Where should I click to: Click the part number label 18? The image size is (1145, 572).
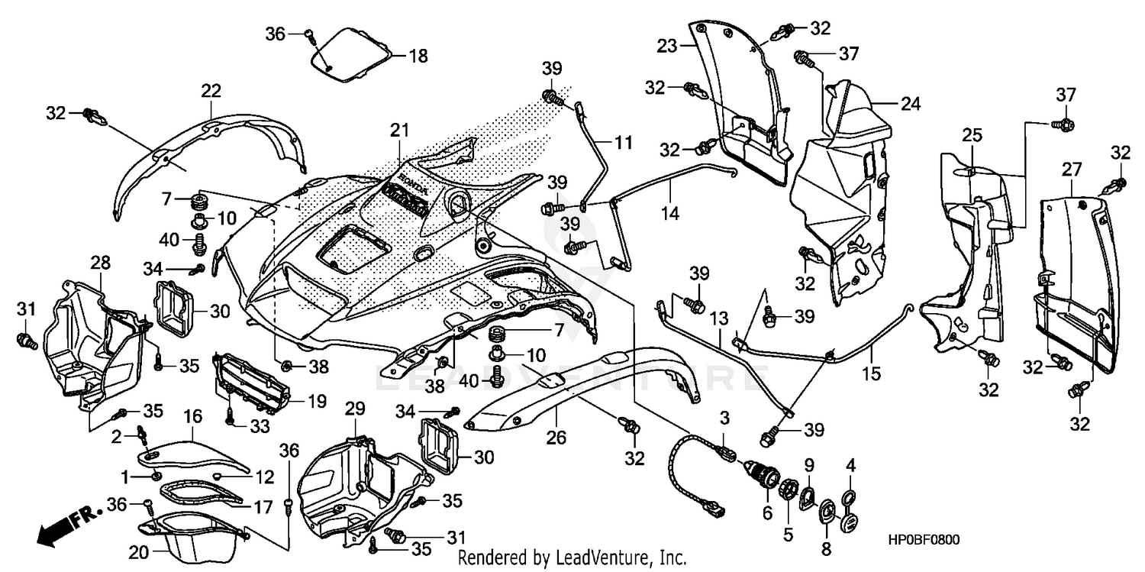[x=418, y=56]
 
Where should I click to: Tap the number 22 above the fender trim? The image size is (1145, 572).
[x=211, y=91]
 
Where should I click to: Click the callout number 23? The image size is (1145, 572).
[x=668, y=46]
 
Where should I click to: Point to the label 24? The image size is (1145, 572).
[x=911, y=105]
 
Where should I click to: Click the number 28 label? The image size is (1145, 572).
[x=100, y=263]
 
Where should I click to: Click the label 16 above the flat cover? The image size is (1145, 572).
[x=192, y=415]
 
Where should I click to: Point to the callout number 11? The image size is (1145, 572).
[x=624, y=141]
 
